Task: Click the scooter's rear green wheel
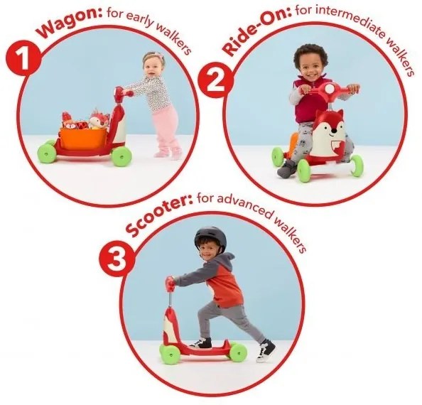click(239, 352)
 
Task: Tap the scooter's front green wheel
click(171, 355)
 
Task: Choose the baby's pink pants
click(166, 129)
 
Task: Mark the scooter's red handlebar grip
click(170, 283)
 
